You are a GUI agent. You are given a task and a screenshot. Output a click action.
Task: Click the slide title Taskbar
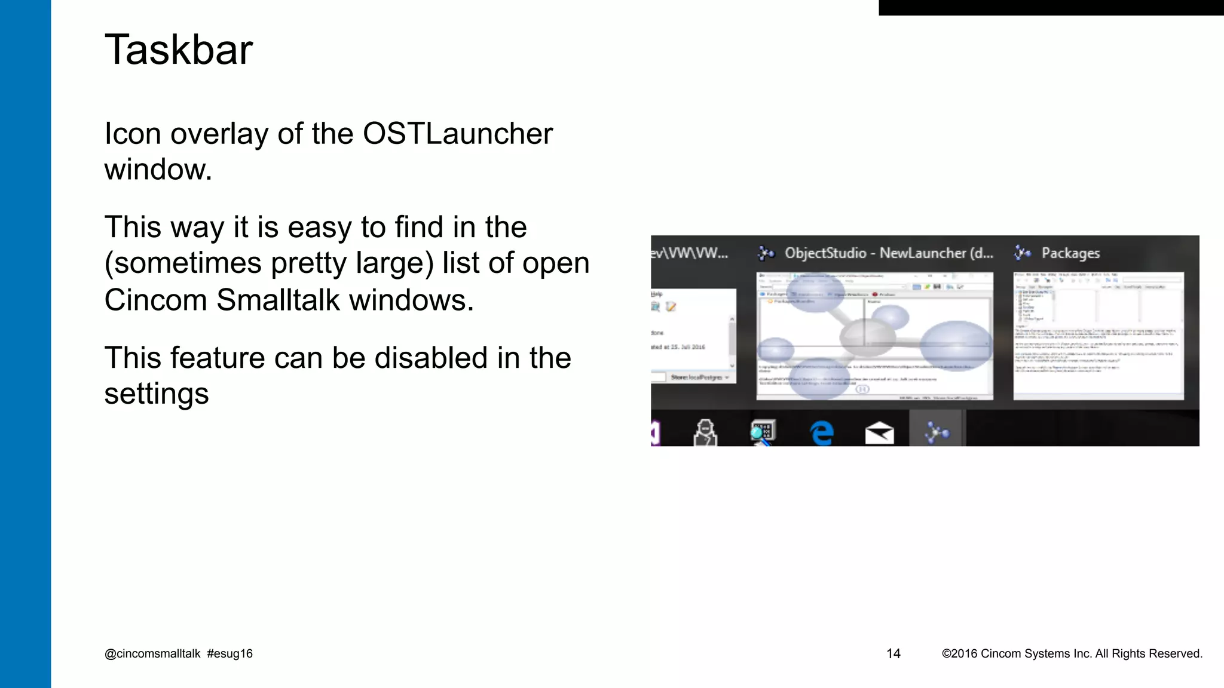click(178, 50)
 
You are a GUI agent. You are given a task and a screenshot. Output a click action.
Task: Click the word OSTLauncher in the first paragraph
click(457, 133)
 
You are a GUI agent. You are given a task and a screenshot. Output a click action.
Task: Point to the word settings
click(157, 394)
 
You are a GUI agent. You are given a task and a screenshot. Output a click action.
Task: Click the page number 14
click(893, 653)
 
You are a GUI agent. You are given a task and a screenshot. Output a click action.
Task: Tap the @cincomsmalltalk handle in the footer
click(152, 653)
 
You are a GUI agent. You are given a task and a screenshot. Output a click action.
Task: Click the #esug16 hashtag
click(230, 653)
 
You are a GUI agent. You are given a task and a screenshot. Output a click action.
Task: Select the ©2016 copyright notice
click(1072, 653)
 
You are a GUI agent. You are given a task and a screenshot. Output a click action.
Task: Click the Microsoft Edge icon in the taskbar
click(822, 432)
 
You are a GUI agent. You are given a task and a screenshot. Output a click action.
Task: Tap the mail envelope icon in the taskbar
click(879, 432)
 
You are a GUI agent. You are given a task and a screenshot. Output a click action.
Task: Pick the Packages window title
click(1070, 253)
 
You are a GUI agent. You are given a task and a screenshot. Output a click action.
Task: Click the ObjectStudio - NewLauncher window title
click(889, 253)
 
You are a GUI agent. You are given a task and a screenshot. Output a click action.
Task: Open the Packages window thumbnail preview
click(1098, 336)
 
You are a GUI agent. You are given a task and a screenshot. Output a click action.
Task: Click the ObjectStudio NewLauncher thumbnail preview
click(874, 336)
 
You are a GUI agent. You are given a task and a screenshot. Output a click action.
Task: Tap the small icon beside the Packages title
click(1023, 253)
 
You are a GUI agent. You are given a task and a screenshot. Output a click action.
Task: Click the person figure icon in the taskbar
click(705, 432)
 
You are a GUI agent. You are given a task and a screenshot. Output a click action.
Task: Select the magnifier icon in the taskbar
click(763, 432)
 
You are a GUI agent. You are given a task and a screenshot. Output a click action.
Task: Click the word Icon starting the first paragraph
click(133, 133)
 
